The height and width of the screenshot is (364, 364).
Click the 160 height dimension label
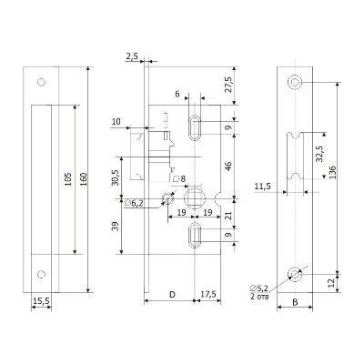click(84, 179)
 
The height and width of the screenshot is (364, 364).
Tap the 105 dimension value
click(67, 179)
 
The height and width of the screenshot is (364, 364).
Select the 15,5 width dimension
click(41, 301)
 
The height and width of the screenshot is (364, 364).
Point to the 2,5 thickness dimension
click(132, 56)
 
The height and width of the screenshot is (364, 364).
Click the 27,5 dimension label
click(228, 84)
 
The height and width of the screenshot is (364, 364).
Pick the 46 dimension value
click(228, 166)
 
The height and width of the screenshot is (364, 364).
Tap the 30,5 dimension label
click(115, 177)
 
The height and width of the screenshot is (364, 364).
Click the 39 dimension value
click(115, 226)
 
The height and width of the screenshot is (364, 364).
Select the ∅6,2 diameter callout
click(134, 203)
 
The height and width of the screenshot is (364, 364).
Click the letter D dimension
click(172, 294)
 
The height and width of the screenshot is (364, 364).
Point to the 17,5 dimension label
click(207, 294)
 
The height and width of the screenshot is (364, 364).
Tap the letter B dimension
click(295, 302)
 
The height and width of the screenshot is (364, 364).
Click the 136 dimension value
click(332, 172)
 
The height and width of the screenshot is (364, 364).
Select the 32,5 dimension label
click(319, 154)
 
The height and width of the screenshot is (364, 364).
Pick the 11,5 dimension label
click(263, 187)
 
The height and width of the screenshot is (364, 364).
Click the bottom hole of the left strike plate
click(41, 274)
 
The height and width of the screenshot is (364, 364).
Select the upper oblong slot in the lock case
click(194, 127)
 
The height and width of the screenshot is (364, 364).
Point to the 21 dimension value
click(228, 216)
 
